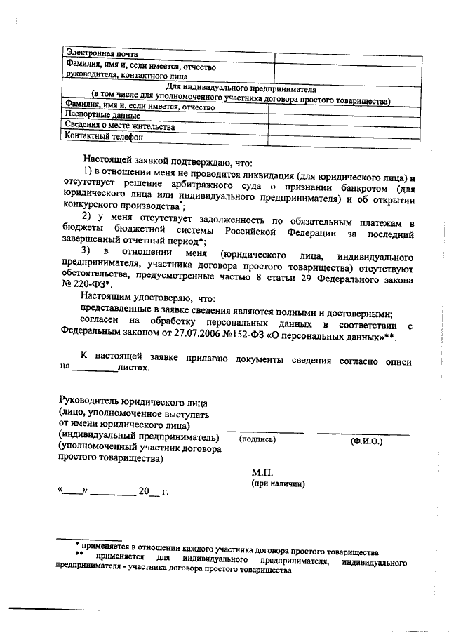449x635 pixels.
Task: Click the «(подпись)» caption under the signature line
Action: [257, 440]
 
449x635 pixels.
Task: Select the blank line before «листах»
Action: [95, 367]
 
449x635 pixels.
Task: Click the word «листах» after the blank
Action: [134, 366]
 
